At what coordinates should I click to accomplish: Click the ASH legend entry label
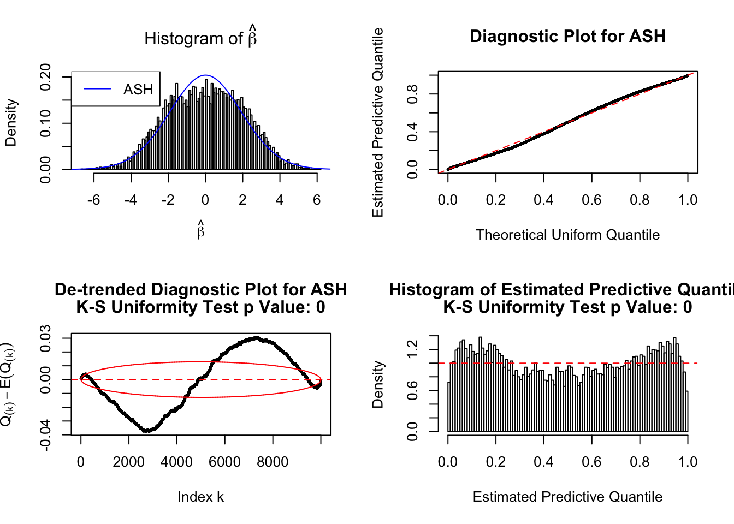pyautogui.click(x=138, y=90)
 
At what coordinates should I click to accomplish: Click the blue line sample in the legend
pyautogui.click(x=98, y=90)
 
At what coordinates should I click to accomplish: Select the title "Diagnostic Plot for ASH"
pyautogui.click(x=567, y=37)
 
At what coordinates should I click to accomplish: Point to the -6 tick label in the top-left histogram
pyautogui.click(x=93, y=200)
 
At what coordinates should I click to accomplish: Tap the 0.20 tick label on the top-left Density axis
pyautogui.click(x=45, y=77)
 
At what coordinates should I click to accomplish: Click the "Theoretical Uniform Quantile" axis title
pyautogui.click(x=567, y=235)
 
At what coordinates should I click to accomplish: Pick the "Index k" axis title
pyautogui.click(x=200, y=497)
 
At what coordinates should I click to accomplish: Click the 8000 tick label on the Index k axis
pyautogui.click(x=273, y=462)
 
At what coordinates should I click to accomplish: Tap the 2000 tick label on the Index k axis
pyautogui.click(x=129, y=462)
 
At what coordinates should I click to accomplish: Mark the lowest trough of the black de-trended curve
pyautogui.click(x=146, y=431)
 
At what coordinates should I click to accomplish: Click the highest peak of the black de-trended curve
pyautogui.click(x=256, y=338)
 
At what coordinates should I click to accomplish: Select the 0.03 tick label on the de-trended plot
pyautogui.click(x=45, y=338)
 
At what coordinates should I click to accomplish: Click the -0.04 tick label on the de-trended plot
pyautogui.click(x=45, y=434)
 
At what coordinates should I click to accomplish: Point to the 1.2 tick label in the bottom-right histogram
pyautogui.click(x=412, y=349)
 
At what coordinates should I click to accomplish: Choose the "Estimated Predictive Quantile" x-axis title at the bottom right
pyautogui.click(x=567, y=497)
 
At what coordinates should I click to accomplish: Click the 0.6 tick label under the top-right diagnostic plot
pyautogui.click(x=591, y=200)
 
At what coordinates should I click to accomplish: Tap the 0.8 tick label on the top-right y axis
pyautogui.click(x=412, y=94)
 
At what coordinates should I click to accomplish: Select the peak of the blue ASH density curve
pyautogui.click(x=205, y=75)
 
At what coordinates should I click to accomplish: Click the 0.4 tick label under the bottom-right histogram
pyautogui.click(x=543, y=462)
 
